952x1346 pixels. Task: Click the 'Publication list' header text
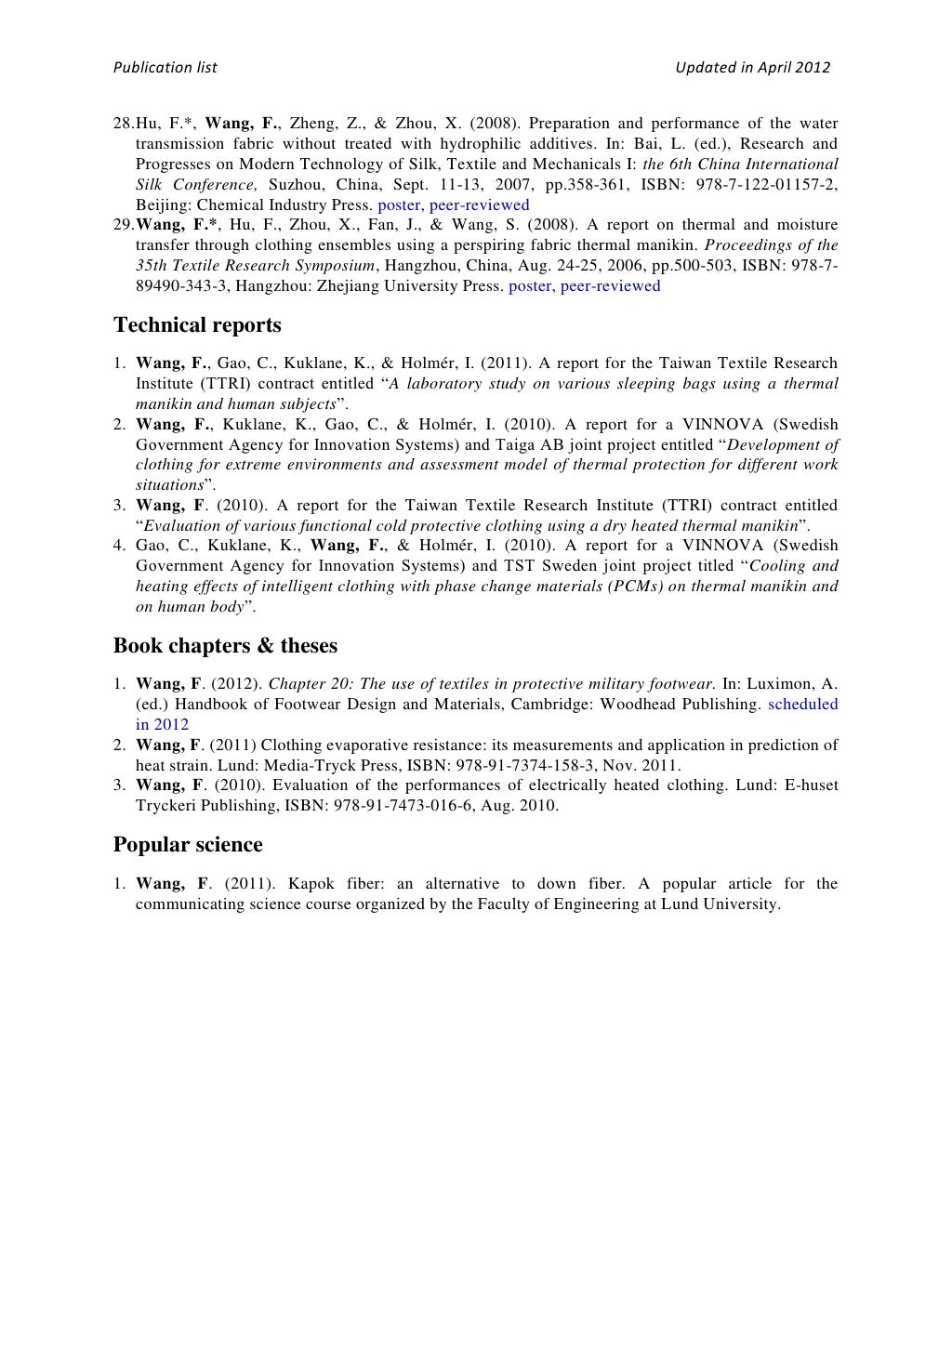(x=165, y=67)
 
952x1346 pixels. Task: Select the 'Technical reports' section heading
(x=197, y=324)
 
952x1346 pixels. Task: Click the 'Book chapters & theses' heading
(x=225, y=645)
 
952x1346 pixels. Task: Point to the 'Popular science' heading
(x=188, y=844)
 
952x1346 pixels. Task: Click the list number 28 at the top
(x=123, y=124)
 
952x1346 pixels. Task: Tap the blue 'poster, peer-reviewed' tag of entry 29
(x=585, y=285)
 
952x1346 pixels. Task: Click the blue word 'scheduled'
(x=803, y=704)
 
